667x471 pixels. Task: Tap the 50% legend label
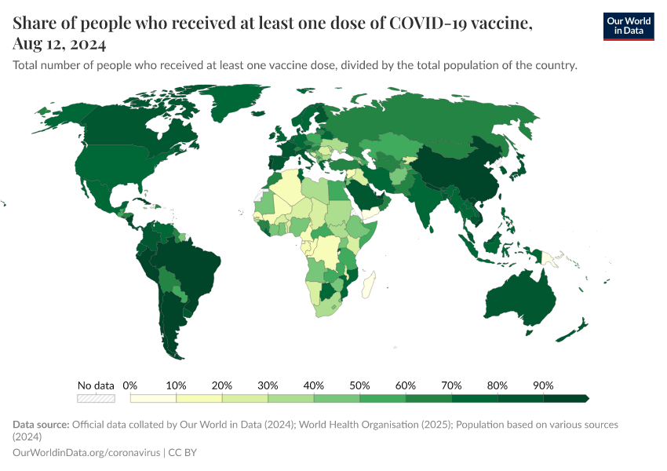coord(359,385)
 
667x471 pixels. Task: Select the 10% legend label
coord(176,385)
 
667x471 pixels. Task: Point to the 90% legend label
coord(543,385)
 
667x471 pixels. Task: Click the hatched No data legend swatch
coord(95,398)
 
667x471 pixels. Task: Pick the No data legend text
coord(96,385)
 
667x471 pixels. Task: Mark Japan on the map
coord(518,167)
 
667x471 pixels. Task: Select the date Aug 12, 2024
coord(60,44)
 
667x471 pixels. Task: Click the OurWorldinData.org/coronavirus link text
coord(86,453)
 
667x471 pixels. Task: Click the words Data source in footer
coord(41,425)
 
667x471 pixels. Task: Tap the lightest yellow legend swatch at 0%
coord(153,398)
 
